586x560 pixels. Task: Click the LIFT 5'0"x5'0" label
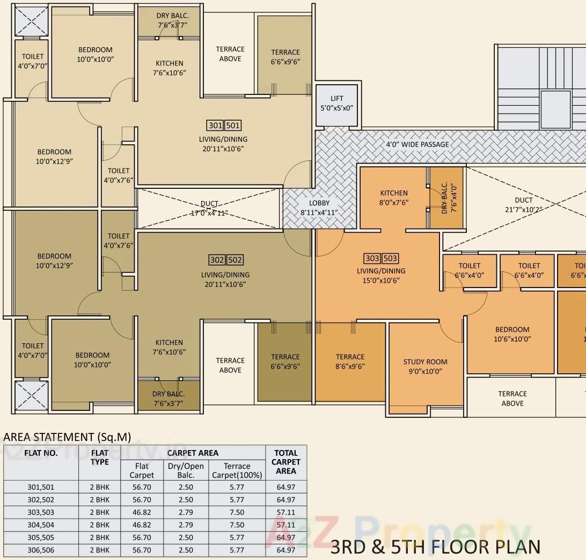(x=336, y=103)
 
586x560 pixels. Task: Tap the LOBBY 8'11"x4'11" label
(x=319, y=208)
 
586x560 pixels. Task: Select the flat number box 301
(x=215, y=126)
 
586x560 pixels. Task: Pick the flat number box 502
(x=235, y=260)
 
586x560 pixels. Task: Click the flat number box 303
(x=372, y=259)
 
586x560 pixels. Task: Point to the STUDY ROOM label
(x=425, y=366)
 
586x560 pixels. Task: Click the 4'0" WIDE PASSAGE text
(x=417, y=144)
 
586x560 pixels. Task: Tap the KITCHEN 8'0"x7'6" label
(x=394, y=197)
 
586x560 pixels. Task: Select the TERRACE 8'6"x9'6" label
(x=350, y=362)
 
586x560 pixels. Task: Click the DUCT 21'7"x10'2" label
(x=524, y=205)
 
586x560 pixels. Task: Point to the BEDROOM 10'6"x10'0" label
(x=512, y=334)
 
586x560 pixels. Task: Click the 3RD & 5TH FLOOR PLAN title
(x=435, y=547)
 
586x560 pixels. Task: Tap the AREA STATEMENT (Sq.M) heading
(x=67, y=437)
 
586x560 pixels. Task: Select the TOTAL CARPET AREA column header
(x=285, y=462)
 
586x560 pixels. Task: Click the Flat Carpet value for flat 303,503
(x=142, y=512)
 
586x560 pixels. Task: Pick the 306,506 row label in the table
(x=41, y=550)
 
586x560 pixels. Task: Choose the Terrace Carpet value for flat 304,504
(x=237, y=525)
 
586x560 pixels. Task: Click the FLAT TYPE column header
(x=100, y=458)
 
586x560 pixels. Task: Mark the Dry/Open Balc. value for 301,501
(x=186, y=488)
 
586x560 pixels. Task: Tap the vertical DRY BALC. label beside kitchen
(x=444, y=198)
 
